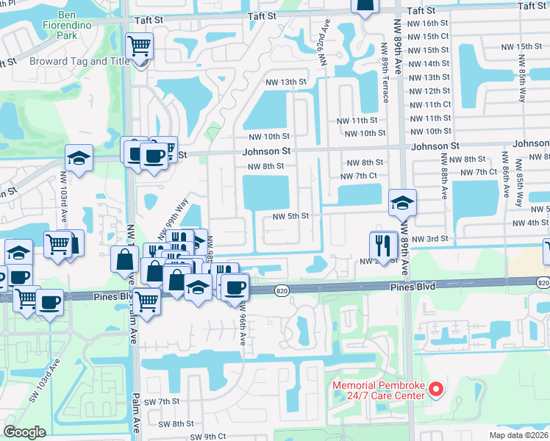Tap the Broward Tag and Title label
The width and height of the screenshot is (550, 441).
tap(79, 62)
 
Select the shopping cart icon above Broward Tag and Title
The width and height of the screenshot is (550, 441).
tap(139, 46)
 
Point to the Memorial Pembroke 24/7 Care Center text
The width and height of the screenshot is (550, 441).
tap(379, 390)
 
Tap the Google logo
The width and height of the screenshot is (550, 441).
tap(24, 432)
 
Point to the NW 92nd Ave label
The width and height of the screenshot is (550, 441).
tap(323, 48)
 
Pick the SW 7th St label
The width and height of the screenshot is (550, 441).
tap(162, 401)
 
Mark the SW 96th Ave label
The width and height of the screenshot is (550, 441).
tap(241, 323)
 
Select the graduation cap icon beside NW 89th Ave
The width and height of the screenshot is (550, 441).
tap(402, 204)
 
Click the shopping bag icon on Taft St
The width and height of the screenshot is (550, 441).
tap(365, 7)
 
